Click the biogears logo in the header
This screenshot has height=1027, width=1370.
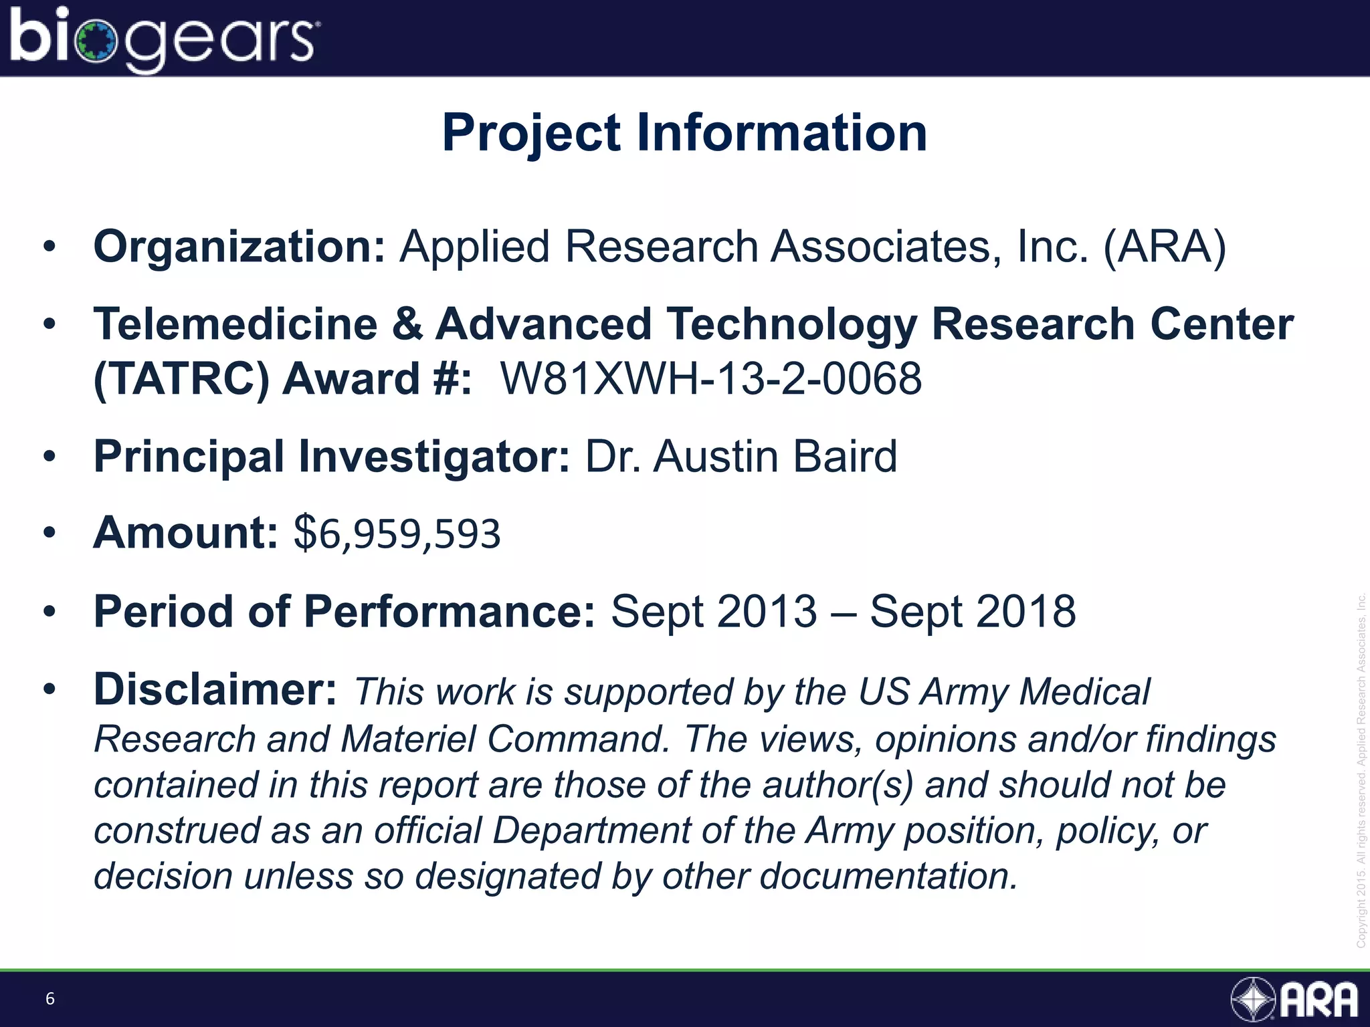point(164,39)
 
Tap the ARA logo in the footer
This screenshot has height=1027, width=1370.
point(1295,1000)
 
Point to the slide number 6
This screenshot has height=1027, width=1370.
point(50,999)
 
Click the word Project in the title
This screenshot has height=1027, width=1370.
point(532,134)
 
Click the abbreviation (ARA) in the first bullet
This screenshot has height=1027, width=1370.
point(1165,247)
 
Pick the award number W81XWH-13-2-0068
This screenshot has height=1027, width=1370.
point(711,379)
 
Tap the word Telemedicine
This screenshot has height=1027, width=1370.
point(235,325)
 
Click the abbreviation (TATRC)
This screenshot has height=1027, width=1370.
point(181,379)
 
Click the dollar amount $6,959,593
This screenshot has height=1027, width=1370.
point(397,534)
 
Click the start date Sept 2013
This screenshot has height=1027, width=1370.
point(714,611)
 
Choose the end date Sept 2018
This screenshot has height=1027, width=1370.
point(973,611)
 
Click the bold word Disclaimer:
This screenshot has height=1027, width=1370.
point(215,689)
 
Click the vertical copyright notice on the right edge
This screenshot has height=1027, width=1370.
point(1361,769)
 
